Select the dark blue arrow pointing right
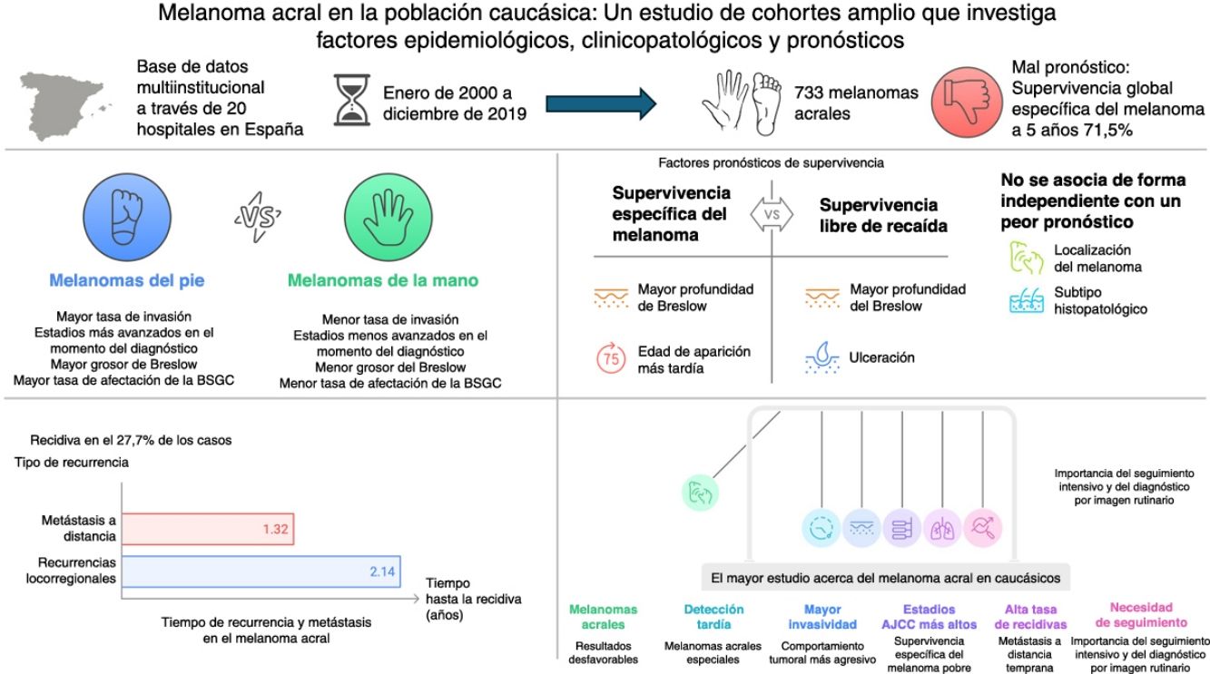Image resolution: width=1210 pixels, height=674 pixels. (599, 103)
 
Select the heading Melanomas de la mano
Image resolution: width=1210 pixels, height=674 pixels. (383, 280)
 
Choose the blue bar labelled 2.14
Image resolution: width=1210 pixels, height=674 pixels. (262, 573)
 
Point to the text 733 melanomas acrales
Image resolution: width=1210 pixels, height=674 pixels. (856, 103)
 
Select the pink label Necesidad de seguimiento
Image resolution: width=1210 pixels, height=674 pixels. (1141, 615)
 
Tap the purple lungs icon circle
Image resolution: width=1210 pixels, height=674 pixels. (942, 527)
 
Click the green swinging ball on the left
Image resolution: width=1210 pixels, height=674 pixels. (700, 493)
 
